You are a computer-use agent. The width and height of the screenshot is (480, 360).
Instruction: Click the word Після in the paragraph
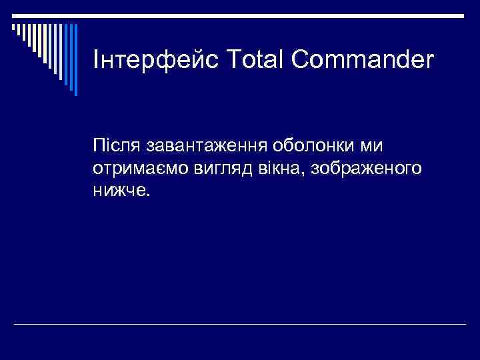116,145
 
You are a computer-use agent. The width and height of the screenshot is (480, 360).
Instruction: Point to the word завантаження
203,145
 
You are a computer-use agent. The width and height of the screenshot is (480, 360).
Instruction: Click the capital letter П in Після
100,145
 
